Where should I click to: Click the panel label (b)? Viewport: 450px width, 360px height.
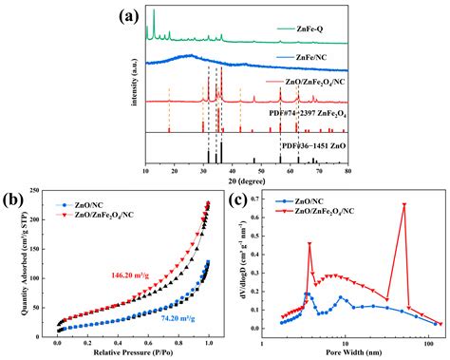point(16,200)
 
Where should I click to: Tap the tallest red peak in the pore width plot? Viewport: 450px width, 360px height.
point(403,204)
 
